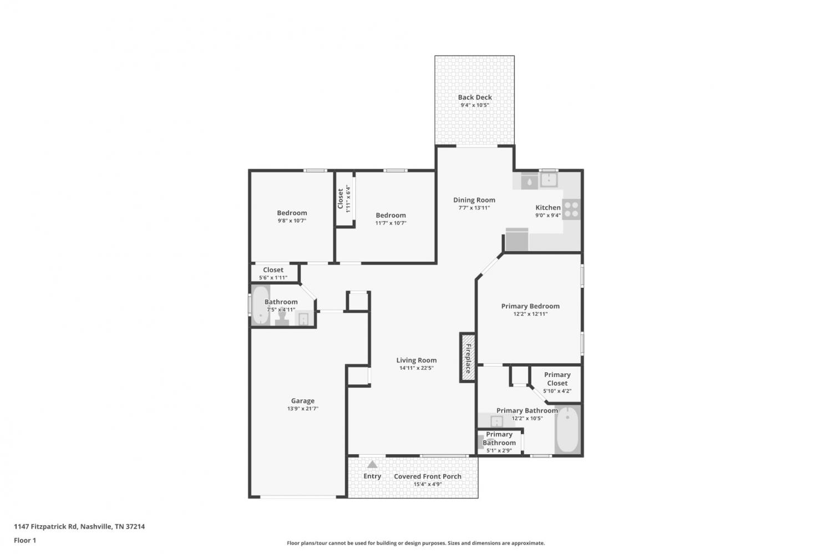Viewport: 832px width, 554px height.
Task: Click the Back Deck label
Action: click(475, 97)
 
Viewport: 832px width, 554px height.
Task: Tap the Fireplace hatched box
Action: click(468, 358)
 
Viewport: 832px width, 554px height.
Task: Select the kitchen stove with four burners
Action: click(571, 210)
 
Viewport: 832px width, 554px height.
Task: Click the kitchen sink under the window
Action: click(549, 180)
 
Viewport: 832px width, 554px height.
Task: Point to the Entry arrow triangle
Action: click(372, 465)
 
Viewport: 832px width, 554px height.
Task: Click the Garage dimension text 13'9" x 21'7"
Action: click(303, 409)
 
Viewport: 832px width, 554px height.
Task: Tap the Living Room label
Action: click(417, 360)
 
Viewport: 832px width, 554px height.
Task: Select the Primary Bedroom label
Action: click(530, 306)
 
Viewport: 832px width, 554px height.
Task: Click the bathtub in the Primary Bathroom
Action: click(567, 430)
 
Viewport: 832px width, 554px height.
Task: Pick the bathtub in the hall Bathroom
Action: click(260, 305)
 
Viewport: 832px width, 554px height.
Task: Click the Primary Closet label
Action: click(557, 379)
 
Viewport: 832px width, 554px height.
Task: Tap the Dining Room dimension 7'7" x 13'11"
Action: click(474, 208)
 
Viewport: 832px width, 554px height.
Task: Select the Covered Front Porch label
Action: click(428, 476)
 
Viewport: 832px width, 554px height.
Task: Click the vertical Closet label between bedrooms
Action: click(340, 199)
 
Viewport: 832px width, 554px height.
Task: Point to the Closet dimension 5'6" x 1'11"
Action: click(273, 278)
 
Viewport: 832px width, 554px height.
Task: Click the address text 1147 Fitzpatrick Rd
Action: click(45, 526)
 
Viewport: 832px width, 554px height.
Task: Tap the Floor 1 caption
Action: click(25, 541)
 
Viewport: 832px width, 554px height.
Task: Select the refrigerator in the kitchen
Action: click(517, 240)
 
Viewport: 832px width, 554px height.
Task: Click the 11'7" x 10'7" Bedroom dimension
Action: click(390, 223)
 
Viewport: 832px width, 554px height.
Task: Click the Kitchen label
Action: click(548, 207)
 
